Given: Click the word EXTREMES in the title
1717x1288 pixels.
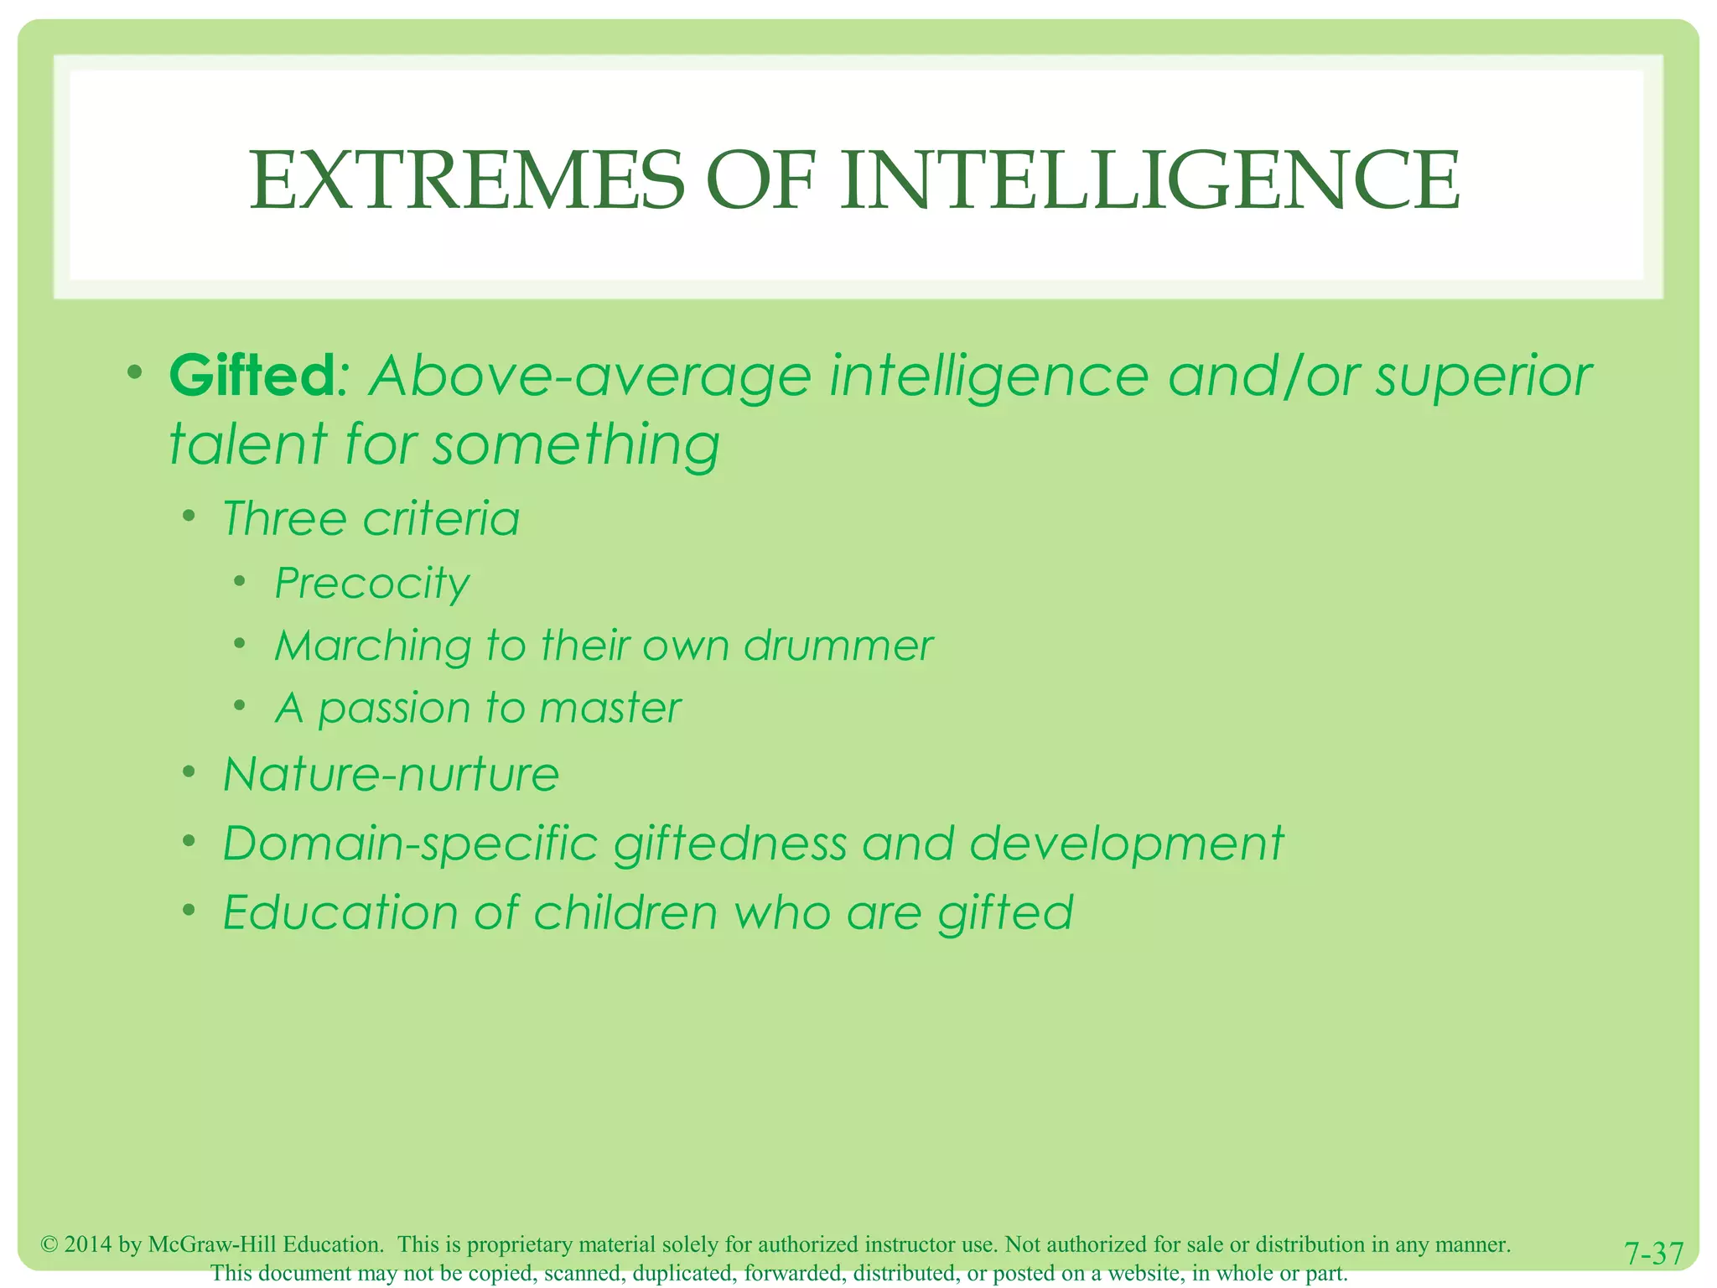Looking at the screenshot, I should coord(466,180).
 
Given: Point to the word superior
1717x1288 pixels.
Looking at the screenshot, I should coord(1483,377).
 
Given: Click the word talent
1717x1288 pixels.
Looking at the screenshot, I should coord(247,444).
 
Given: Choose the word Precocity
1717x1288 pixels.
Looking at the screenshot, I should coord(372,584).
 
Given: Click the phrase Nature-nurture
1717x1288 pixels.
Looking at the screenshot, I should coord(391,773).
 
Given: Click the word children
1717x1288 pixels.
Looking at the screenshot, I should coord(625,912).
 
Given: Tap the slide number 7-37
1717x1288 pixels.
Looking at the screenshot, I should coord(1653,1254).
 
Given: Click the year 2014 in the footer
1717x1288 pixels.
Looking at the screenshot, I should coord(88,1244).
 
